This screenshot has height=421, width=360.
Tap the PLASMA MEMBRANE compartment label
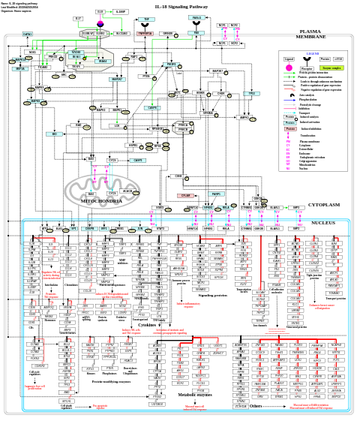click(310, 35)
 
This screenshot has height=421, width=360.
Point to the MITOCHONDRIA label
click(101, 201)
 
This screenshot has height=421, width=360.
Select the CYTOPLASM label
click(324, 204)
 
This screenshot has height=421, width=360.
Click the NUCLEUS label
click(323, 222)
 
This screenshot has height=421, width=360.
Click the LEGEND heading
click(313, 54)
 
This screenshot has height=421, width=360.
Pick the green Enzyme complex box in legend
click(331, 68)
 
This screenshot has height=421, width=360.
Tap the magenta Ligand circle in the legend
click(289, 68)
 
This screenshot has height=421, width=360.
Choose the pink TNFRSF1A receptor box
click(145, 34)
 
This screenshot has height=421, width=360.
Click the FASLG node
click(196, 17)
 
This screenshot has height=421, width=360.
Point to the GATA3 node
click(28, 34)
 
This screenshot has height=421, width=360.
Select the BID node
click(53, 134)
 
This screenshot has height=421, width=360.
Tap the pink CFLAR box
click(185, 195)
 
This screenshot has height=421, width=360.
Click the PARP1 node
click(217, 194)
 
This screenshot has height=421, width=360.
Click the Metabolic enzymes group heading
click(194, 394)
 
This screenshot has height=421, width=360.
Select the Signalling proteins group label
click(213, 295)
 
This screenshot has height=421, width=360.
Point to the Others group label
click(256, 406)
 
